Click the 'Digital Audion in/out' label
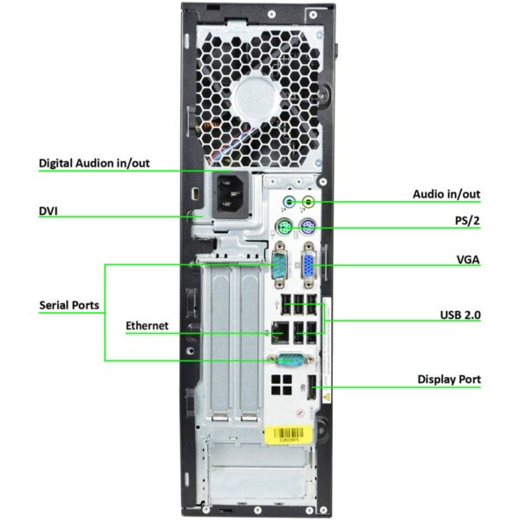click(94, 163)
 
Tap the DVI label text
click(48, 211)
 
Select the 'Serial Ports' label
click(69, 305)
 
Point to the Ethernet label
click(147, 326)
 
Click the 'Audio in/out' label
click(446, 194)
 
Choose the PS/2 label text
click(467, 220)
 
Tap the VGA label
click(468, 260)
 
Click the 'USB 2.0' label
click(460, 315)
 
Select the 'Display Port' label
click(449, 380)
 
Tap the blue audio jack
click(289, 201)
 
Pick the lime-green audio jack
click(309, 201)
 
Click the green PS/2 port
click(284, 227)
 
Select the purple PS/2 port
click(308, 227)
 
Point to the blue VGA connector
click(309, 265)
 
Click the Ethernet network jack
click(280, 332)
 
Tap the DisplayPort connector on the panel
click(312, 387)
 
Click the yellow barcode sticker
click(289, 434)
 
